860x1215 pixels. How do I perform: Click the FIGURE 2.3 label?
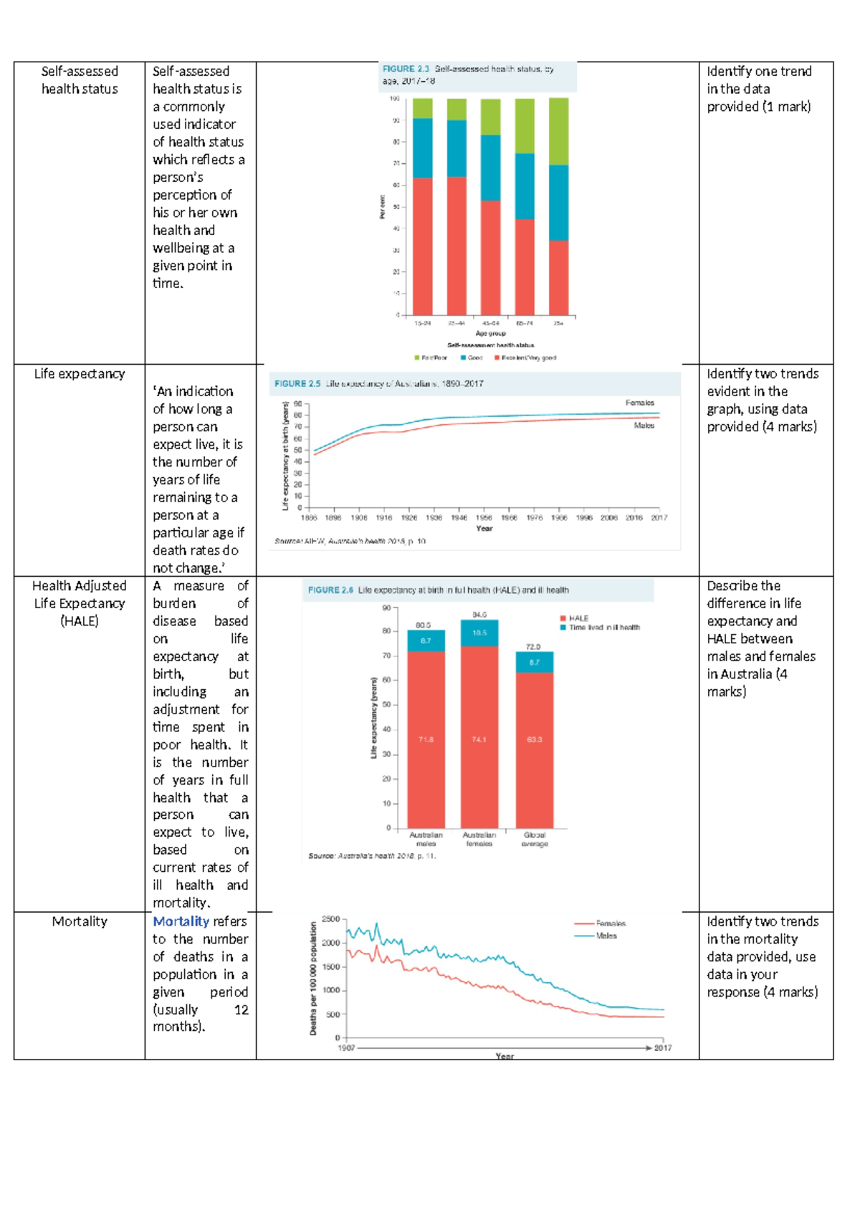406,69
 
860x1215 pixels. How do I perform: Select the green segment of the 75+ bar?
558,132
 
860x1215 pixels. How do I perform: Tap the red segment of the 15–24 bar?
423,246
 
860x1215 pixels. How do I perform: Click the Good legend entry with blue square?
472,357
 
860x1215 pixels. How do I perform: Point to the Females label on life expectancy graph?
639,403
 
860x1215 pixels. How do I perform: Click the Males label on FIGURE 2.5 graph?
644,426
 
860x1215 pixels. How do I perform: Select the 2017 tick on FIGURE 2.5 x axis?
659,517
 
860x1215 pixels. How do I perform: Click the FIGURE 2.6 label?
330,590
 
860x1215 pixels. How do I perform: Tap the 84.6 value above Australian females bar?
479,615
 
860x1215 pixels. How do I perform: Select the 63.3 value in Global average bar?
535,739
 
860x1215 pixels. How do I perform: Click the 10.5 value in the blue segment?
479,633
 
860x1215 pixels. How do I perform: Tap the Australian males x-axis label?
426,839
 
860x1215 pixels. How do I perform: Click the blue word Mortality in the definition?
181,921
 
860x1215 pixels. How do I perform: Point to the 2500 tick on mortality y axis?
331,919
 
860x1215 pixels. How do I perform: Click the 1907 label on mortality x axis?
346,1048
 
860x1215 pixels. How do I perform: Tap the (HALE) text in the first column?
80,621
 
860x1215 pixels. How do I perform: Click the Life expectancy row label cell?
80,374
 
